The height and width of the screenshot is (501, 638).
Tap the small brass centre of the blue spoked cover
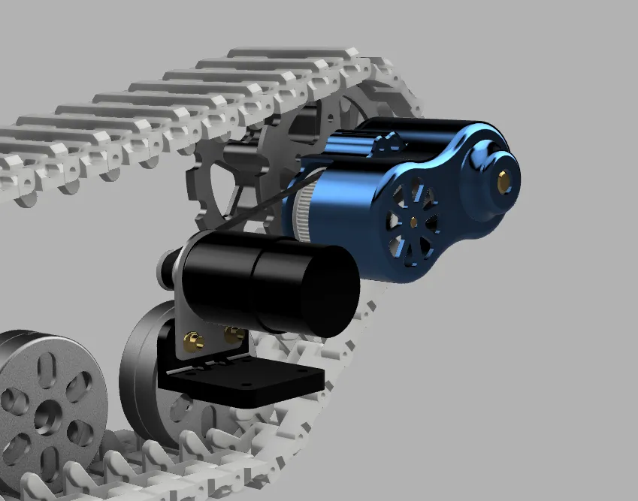[413, 220]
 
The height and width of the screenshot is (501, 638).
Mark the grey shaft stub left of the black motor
[163, 267]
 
